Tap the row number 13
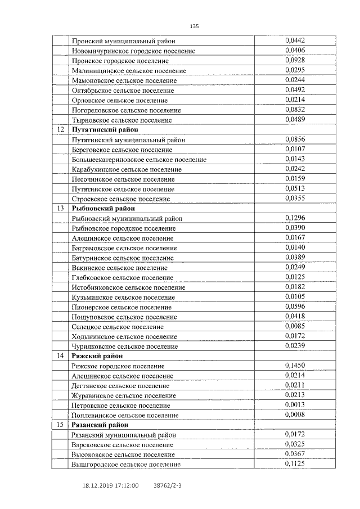(60, 208)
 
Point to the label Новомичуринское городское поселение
(134, 51)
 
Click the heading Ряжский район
(97, 355)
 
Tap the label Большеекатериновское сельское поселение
(139, 159)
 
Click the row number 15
(60, 425)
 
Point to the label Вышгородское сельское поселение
(126, 464)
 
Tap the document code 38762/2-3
(168, 484)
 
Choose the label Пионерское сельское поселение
(122, 307)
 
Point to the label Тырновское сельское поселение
(122, 120)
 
